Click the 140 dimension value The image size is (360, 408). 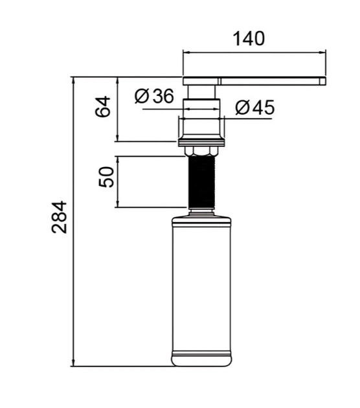[249, 39]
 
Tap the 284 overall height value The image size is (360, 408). [60, 217]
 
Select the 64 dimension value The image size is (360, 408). [103, 107]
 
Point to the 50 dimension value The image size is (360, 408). [106, 177]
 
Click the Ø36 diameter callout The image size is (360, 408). [154, 96]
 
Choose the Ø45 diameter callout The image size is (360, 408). [254, 108]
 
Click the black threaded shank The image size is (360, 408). [201, 181]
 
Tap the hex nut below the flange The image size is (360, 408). [201, 151]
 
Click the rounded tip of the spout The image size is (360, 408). [324, 81]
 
